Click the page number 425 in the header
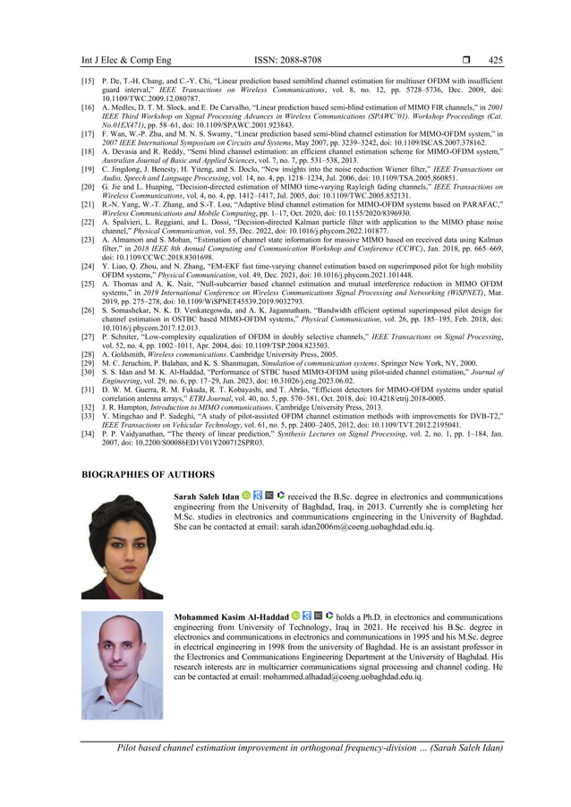point(495,60)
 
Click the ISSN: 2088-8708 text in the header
point(285,60)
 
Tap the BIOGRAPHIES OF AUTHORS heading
point(149,474)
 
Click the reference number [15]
point(89,81)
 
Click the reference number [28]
point(89,354)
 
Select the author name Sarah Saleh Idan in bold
point(206,495)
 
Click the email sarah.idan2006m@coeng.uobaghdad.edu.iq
point(360,527)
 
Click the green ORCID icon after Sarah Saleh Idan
point(246,495)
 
